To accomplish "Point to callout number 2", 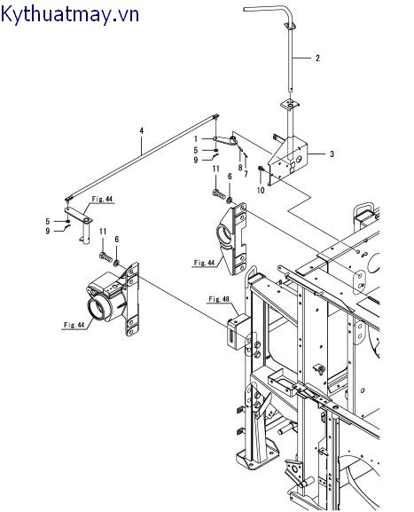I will point(316,59).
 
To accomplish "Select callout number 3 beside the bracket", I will point(332,154).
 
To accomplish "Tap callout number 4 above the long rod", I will point(141,130).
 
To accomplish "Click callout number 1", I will point(196,139).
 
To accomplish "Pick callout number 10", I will point(261,189).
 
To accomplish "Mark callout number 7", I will point(246,176).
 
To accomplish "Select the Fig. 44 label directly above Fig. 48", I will point(205,263).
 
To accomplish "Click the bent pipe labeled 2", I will point(286,53).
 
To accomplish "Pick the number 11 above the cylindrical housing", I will point(103,231).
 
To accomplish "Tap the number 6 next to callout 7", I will point(230,177).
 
